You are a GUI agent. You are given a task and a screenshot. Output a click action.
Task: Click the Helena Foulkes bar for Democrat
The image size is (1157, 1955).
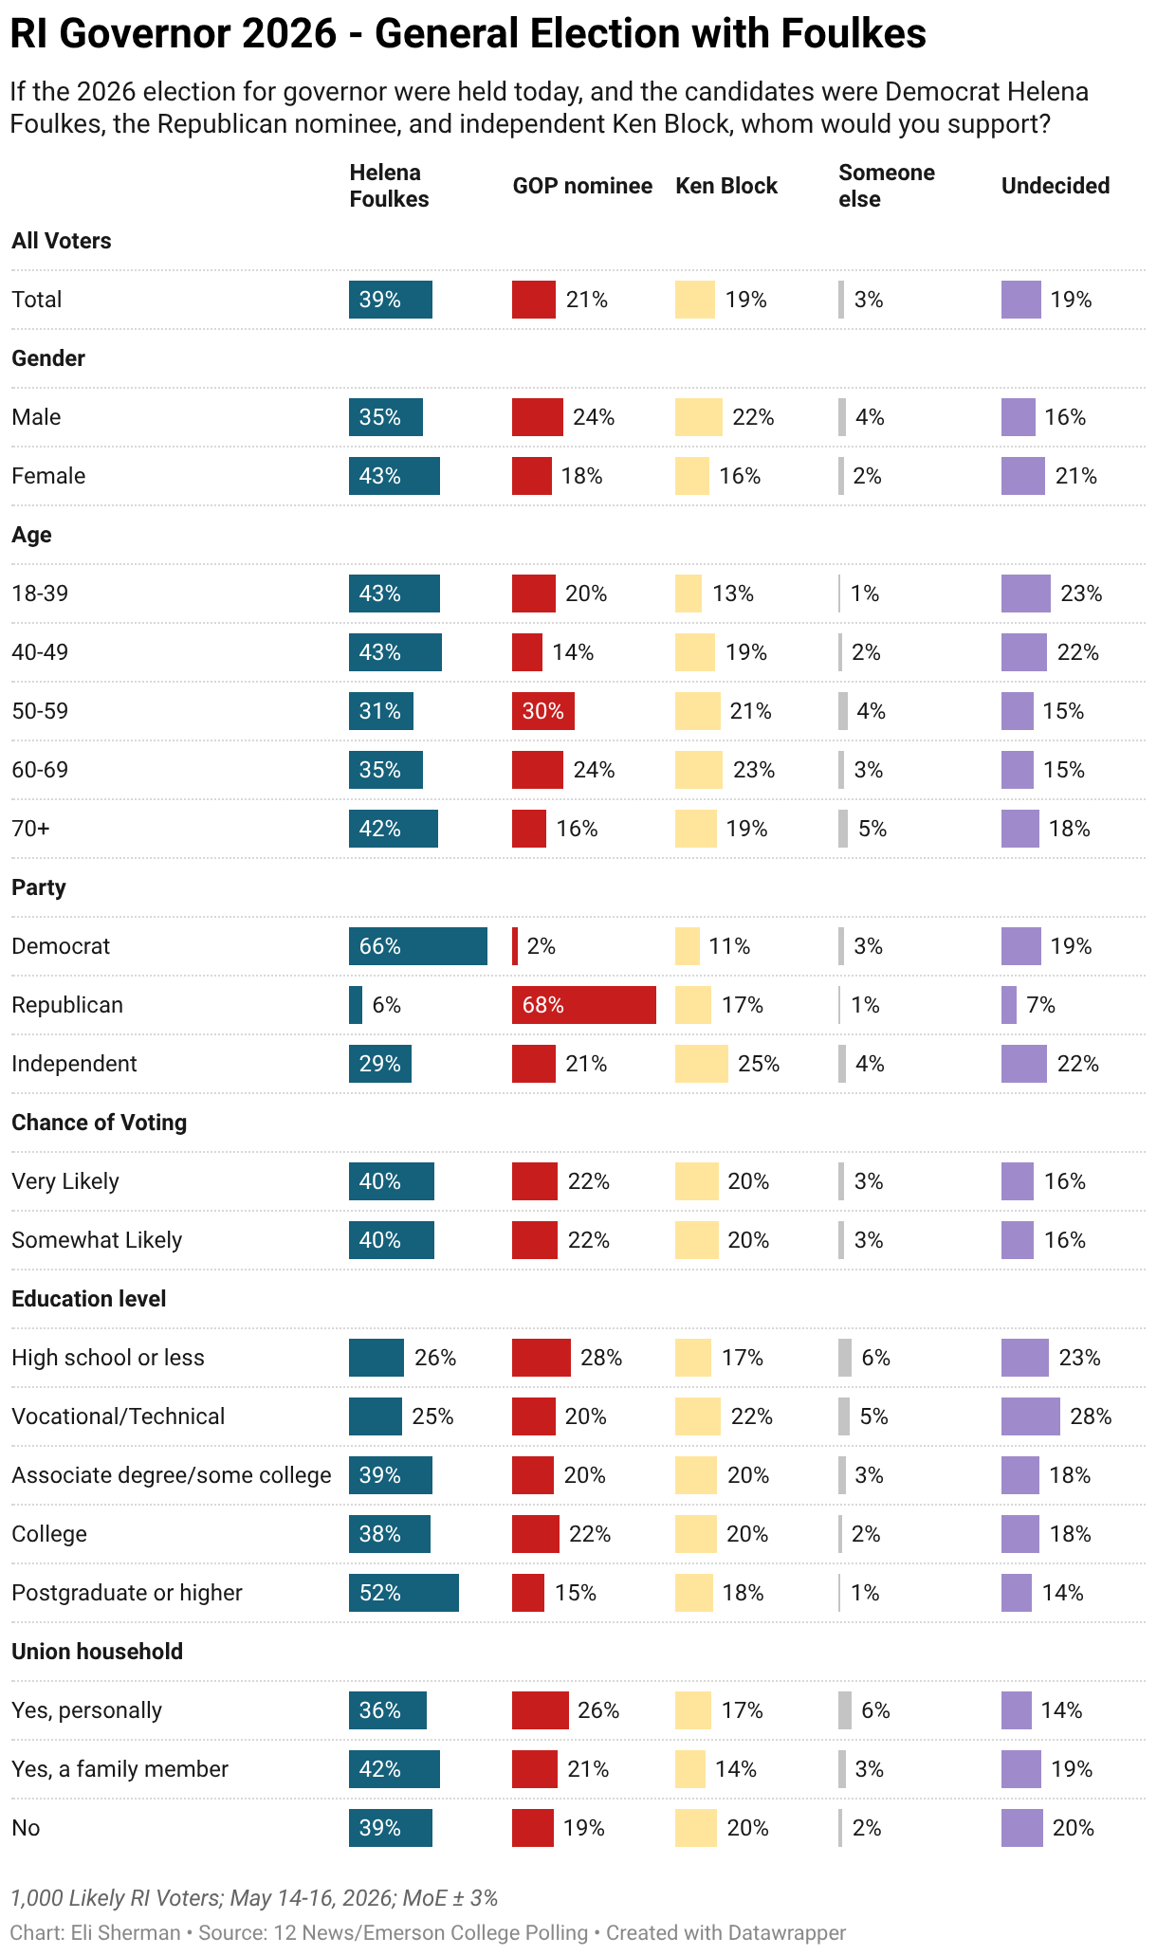418,946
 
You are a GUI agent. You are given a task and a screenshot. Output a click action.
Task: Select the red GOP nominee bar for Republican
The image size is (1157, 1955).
584,1005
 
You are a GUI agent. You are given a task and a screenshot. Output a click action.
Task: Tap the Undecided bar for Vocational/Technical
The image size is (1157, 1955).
1031,1416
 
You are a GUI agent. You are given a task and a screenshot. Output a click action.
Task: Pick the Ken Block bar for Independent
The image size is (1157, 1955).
702,1064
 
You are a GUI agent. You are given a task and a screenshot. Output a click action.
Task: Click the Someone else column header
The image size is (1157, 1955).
887,186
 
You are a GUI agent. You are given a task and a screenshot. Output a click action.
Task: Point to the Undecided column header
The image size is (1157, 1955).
1056,186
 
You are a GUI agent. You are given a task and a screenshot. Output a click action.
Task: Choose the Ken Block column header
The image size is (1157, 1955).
726,186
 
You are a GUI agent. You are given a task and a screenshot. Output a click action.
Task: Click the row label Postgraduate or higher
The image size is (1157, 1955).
127,1593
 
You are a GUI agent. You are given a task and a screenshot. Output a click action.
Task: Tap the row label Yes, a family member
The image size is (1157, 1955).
120,1769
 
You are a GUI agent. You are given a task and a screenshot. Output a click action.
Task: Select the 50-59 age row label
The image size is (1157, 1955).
40,711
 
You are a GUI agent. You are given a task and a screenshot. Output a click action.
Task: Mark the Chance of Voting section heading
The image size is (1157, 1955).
100,1123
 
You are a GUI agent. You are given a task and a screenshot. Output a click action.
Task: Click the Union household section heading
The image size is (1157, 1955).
98,1652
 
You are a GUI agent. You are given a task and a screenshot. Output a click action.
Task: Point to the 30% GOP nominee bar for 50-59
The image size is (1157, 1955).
543,711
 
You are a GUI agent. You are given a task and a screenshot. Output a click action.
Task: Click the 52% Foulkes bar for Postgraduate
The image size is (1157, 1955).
404,1593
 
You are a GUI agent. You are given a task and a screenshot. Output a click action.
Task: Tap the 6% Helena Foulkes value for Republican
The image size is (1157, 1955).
386,1005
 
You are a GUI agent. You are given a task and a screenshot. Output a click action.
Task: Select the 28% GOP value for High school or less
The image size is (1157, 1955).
601,1358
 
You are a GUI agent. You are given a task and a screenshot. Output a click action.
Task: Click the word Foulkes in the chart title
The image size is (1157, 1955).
853,34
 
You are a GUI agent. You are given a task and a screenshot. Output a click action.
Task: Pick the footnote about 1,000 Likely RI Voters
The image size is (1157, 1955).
254,1898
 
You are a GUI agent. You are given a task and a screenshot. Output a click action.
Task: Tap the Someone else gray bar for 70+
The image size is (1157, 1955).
843,829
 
